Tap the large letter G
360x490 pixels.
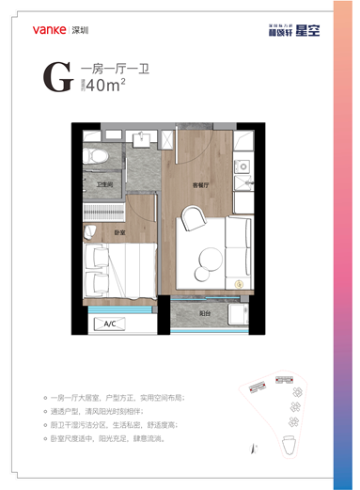tap(57, 78)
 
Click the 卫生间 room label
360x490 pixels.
tap(104, 185)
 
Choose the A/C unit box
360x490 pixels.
tap(109, 324)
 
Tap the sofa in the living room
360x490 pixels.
tap(238, 248)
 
